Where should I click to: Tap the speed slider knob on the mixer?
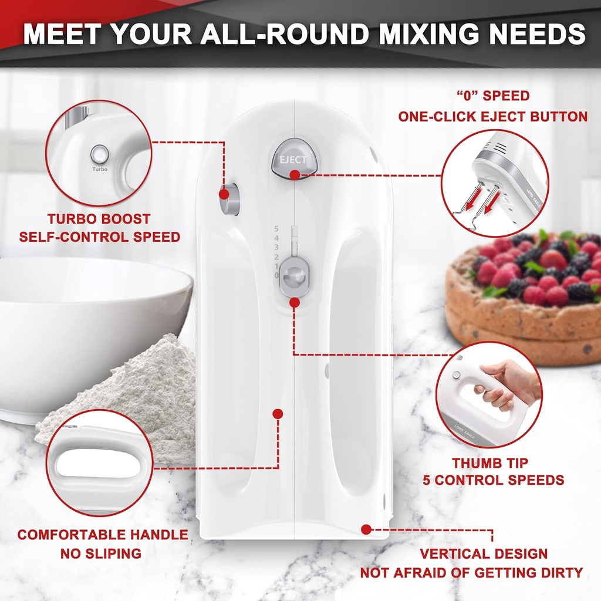coord(293,275)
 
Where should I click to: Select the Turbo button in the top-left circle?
coord(99,154)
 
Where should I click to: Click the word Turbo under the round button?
coord(99,169)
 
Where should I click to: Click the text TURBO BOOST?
coord(99,219)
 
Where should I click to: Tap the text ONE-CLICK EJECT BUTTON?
coord(492,116)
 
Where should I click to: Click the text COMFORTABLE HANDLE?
coord(103,535)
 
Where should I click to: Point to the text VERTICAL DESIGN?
coord(484,553)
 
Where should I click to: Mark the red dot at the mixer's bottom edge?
coord(366,529)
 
